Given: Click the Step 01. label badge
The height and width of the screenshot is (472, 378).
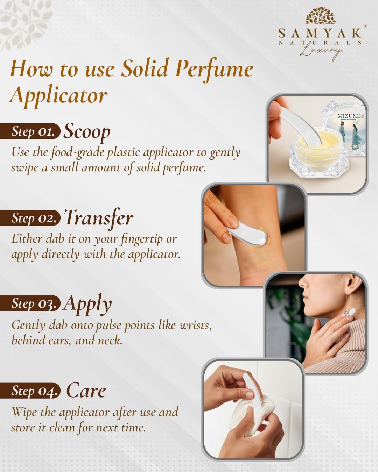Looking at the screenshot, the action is (30, 131).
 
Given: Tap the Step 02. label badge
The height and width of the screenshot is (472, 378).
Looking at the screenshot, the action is (30, 217).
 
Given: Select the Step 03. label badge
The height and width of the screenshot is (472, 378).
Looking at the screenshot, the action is (30, 303).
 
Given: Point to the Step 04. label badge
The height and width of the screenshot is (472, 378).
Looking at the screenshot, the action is (30, 391).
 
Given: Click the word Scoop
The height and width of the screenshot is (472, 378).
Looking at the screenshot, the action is (87, 132).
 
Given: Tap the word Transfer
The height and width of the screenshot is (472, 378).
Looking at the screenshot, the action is (99, 218).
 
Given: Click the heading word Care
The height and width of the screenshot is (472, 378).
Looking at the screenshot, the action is (86, 391).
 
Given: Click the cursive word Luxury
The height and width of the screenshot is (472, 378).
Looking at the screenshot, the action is (320, 52).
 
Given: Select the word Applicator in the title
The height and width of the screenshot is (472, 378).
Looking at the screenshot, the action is (58, 96).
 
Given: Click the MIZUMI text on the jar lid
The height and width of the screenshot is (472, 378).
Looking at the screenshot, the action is (349, 116).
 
